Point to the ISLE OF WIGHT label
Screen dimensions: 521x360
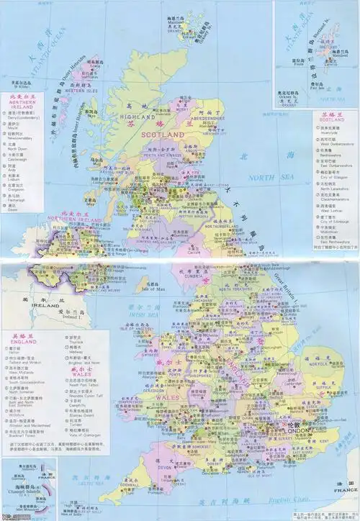pyautogui.click(x=268, y=475)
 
